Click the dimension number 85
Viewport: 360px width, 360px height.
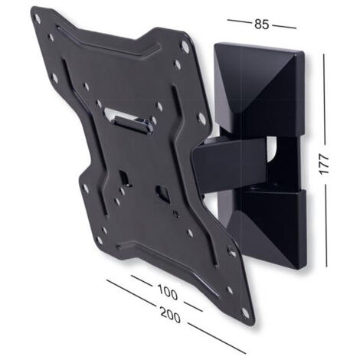[x=262, y=25]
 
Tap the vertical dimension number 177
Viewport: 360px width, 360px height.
[x=324, y=164]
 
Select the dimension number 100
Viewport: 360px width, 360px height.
[x=168, y=293]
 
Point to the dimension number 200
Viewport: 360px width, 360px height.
[x=170, y=315]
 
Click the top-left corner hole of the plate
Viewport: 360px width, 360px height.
[x=37, y=18]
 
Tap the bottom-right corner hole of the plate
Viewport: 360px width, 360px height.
[x=245, y=313]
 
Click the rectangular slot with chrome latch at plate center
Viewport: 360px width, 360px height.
[x=130, y=119]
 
